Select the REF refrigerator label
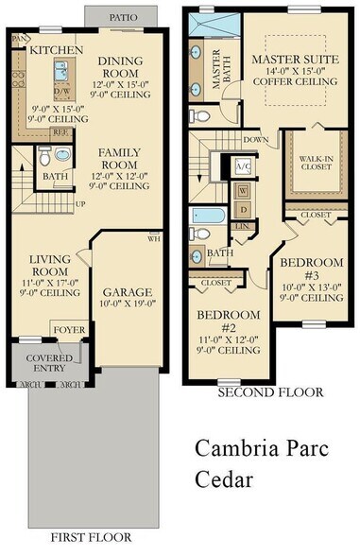[59, 134]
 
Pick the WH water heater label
[154, 239]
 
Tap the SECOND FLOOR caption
[269, 391]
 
